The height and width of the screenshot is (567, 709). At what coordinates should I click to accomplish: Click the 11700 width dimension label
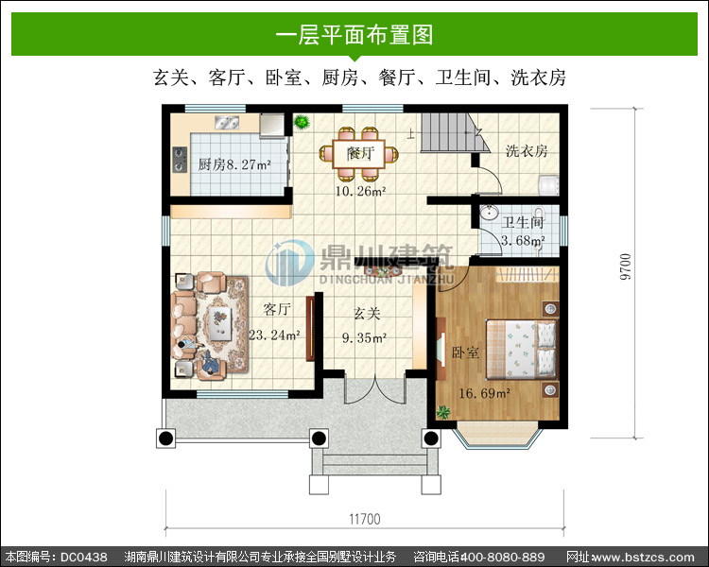click(x=365, y=519)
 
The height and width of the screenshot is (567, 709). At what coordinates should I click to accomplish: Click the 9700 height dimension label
click(x=625, y=266)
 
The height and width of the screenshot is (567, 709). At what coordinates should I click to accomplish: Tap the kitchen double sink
click(x=227, y=122)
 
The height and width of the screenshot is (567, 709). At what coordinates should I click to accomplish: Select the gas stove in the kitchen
click(x=180, y=160)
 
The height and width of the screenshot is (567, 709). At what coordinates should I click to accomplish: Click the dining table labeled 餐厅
click(x=359, y=154)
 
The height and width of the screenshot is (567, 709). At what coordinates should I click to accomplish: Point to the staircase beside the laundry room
click(x=455, y=132)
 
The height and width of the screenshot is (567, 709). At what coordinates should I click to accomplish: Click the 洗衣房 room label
click(x=527, y=151)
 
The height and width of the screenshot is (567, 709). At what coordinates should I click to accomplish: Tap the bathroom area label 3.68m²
click(x=523, y=241)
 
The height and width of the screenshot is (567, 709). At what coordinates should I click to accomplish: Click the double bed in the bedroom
click(x=521, y=349)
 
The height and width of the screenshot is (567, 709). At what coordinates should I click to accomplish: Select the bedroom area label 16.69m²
click(x=485, y=393)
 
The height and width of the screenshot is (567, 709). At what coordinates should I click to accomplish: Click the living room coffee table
click(x=220, y=323)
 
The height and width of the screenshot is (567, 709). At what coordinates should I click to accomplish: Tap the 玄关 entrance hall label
click(x=366, y=314)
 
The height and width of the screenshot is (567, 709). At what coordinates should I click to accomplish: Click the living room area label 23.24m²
click(x=274, y=335)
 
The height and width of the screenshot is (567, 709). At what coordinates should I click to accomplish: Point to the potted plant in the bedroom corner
click(x=443, y=412)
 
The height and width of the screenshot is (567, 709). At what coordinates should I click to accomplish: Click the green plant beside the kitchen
click(x=302, y=122)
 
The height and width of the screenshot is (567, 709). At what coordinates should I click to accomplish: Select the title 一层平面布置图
click(x=354, y=35)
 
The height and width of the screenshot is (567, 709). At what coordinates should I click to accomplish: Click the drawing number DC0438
click(x=84, y=557)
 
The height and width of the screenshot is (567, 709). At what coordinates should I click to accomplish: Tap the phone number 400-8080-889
click(x=502, y=557)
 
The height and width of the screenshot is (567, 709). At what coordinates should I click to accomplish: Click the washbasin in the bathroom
click(x=489, y=212)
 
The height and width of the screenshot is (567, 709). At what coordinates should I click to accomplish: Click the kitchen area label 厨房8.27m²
click(x=234, y=164)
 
